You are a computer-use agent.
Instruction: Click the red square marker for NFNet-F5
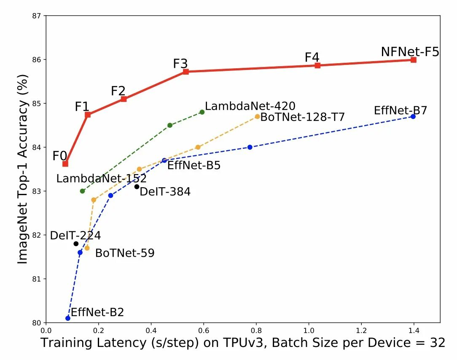413,60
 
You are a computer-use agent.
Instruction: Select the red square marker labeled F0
65,164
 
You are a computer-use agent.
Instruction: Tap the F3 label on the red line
180,64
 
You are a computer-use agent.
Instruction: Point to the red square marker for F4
317,65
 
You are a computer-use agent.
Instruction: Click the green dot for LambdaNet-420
202,112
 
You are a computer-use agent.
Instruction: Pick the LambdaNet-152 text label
101,178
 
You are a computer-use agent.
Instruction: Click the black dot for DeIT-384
137,187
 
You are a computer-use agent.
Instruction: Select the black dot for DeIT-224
76,244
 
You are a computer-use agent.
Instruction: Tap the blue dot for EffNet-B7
413,116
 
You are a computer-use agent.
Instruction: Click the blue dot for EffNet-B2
68,318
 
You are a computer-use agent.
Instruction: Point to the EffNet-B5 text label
194,166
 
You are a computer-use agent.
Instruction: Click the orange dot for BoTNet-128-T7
257,116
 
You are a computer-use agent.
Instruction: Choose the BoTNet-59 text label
125,253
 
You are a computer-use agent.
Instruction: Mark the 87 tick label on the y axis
37,16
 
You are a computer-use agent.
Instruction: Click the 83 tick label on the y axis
37,191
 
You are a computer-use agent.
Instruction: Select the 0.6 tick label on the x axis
204,331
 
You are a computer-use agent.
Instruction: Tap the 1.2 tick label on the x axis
361,331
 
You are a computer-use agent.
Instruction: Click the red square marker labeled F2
124,99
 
